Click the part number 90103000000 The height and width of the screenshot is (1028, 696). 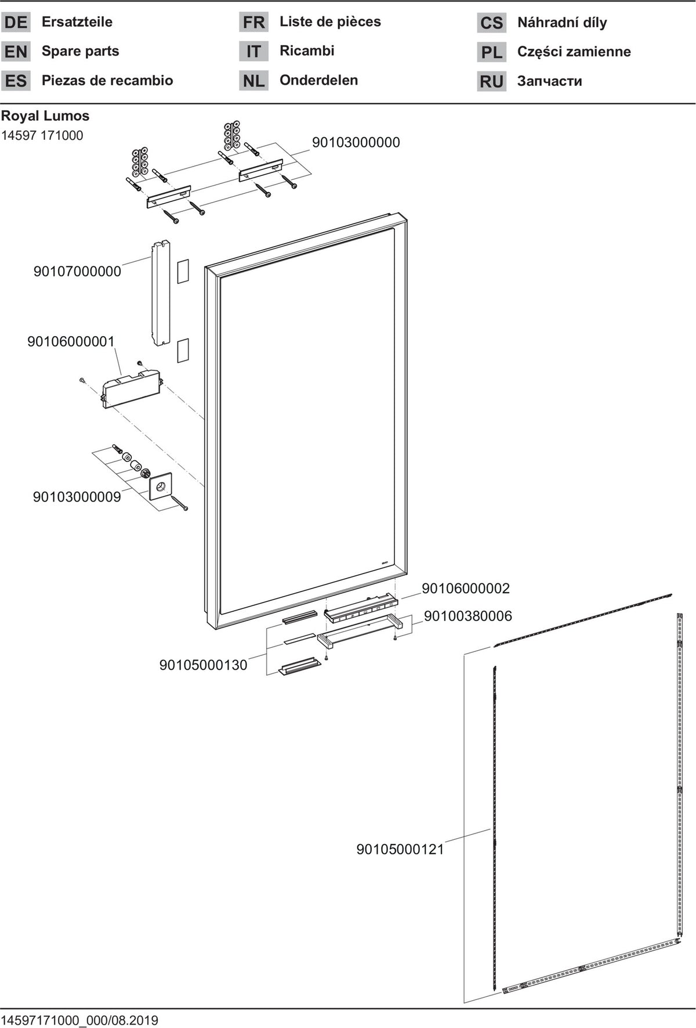[x=356, y=143]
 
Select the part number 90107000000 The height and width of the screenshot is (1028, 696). [x=77, y=272]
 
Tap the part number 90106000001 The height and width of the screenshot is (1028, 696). [x=71, y=342]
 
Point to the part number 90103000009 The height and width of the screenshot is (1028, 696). [x=77, y=497]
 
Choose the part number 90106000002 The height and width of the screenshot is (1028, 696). [x=466, y=589]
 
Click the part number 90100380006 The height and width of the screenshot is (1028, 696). [x=468, y=616]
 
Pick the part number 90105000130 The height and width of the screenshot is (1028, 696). [x=204, y=665]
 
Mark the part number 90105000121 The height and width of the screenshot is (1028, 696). [x=400, y=849]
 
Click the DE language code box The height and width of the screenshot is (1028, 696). [x=16, y=23]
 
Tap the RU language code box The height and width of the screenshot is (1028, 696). [x=491, y=81]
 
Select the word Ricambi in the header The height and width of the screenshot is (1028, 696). [x=307, y=51]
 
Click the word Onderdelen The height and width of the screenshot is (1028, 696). [x=318, y=80]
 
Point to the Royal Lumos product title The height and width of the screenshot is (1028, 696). [x=45, y=116]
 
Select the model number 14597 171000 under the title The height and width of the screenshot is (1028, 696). [x=42, y=135]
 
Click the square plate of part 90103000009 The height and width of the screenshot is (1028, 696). [x=161, y=486]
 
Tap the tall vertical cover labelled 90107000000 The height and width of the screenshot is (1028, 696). [x=161, y=293]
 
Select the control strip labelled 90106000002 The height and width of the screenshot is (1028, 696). [x=360, y=608]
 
